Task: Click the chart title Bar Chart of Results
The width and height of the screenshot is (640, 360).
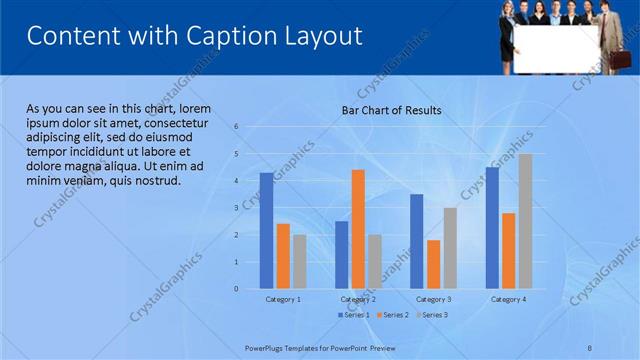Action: coord(391,110)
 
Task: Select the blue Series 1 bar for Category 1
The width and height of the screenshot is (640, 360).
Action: coord(266,231)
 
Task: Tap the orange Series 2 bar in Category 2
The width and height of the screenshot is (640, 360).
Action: coord(358,229)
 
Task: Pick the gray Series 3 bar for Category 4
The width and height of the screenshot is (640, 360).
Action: coord(525,221)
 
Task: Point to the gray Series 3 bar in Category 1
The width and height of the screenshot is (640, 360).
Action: coord(299,261)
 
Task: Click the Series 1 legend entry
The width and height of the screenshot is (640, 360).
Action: coord(353,315)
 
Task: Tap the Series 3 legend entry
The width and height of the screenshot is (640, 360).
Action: coord(431,315)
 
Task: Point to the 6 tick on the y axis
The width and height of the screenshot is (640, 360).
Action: coord(236,127)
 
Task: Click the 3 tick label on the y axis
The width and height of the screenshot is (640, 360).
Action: coord(236,208)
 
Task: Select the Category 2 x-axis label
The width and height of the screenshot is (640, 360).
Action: coord(358,299)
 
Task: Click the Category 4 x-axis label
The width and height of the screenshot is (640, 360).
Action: coord(508,299)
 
